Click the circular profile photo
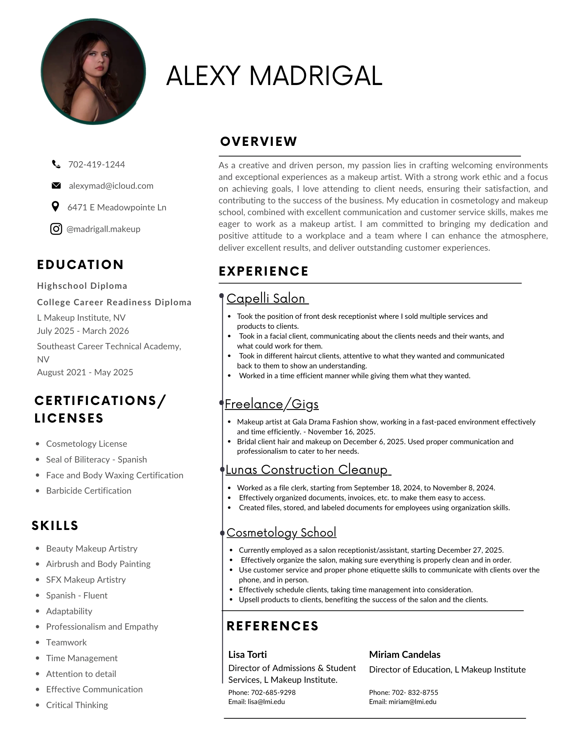click(x=93, y=72)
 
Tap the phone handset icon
click(x=56, y=164)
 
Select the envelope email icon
click(x=56, y=185)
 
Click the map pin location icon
click(x=55, y=207)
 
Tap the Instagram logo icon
click(x=56, y=229)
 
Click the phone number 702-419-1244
click(x=97, y=165)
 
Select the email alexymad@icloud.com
click(x=111, y=186)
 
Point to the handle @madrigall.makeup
click(x=103, y=229)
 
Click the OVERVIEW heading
click(x=258, y=141)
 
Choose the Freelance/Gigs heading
click(x=271, y=404)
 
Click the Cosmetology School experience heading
click(x=281, y=532)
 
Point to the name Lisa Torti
click(x=247, y=654)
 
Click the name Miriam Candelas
click(x=405, y=654)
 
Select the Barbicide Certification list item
click(x=89, y=491)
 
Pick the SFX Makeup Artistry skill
click(x=86, y=579)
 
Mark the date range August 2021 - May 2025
click(x=85, y=372)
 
